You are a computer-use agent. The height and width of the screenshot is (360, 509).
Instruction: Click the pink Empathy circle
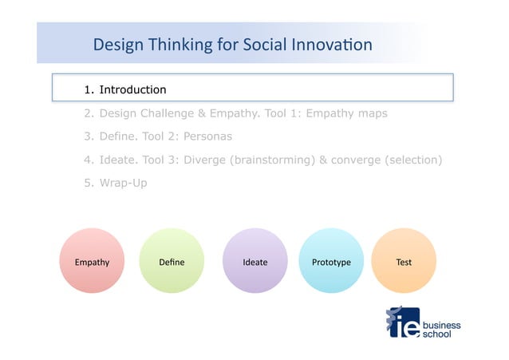[x=92, y=261]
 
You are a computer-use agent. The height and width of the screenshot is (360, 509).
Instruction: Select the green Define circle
[x=172, y=261]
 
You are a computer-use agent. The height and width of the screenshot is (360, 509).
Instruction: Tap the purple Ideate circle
[x=254, y=261]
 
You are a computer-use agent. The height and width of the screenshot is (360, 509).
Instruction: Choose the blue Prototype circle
[x=330, y=261]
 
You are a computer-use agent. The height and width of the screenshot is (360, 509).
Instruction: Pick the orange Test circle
[x=404, y=261]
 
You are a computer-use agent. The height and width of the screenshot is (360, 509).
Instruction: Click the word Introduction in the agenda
[x=132, y=89]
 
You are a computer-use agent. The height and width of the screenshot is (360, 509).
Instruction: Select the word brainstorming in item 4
[x=272, y=160]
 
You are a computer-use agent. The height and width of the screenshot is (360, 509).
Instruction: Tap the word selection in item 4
[x=412, y=160]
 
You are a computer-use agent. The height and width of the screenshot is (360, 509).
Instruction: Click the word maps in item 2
[x=373, y=113]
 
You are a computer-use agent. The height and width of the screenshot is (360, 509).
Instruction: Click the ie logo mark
[x=402, y=322]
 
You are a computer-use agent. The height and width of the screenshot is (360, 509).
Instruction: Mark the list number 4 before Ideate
[x=88, y=160]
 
